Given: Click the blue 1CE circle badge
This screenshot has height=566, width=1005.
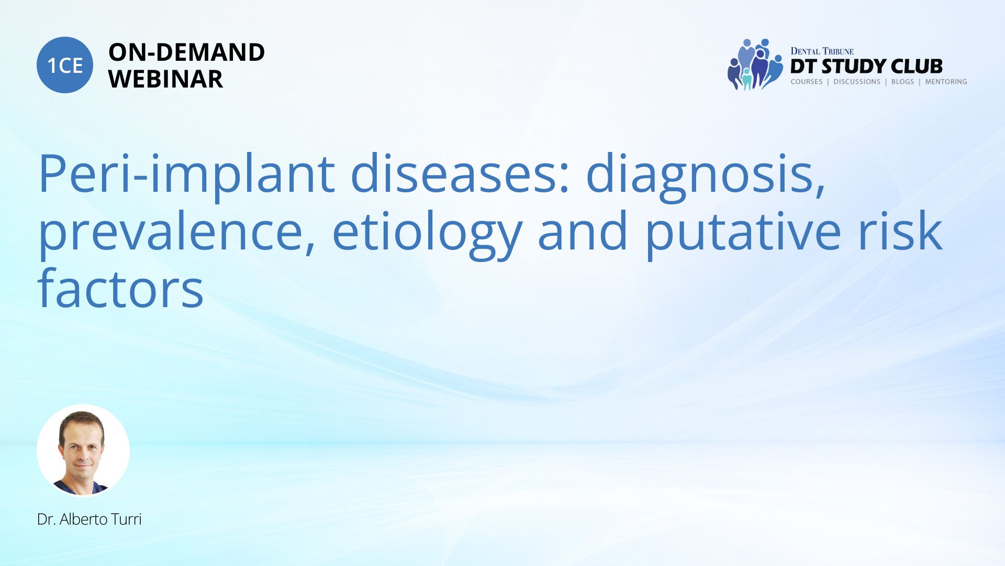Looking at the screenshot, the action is pyautogui.click(x=65, y=65).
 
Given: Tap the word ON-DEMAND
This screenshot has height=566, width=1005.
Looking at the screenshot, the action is pyautogui.click(x=186, y=52).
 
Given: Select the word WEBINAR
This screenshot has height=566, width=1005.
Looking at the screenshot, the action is pyautogui.click(x=165, y=79).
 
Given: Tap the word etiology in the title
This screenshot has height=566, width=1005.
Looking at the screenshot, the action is pyautogui.click(x=427, y=234).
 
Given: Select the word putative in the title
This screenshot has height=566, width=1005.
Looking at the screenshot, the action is pyautogui.click(x=743, y=234).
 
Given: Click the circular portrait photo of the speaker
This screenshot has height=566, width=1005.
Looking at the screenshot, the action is pyautogui.click(x=83, y=451).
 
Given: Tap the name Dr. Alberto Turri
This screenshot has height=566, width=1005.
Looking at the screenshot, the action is pyautogui.click(x=90, y=519).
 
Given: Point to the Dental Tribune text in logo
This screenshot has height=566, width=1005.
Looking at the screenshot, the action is pyautogui.click(x=822, y=51).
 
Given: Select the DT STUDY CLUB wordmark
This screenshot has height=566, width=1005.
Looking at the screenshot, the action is pyautogui.click(x=866, y=67).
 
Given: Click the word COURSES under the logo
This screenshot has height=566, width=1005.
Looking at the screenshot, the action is pyautogui.click(x=807, y=82).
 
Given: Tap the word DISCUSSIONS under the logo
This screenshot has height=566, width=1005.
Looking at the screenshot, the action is pyautogui.click(x=857, y=82).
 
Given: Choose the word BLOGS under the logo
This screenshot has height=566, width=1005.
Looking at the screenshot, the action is pyautogui.click(x=903, y=82).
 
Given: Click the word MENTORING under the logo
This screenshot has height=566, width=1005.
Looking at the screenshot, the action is pyautogui.click(x=946, y=82).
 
